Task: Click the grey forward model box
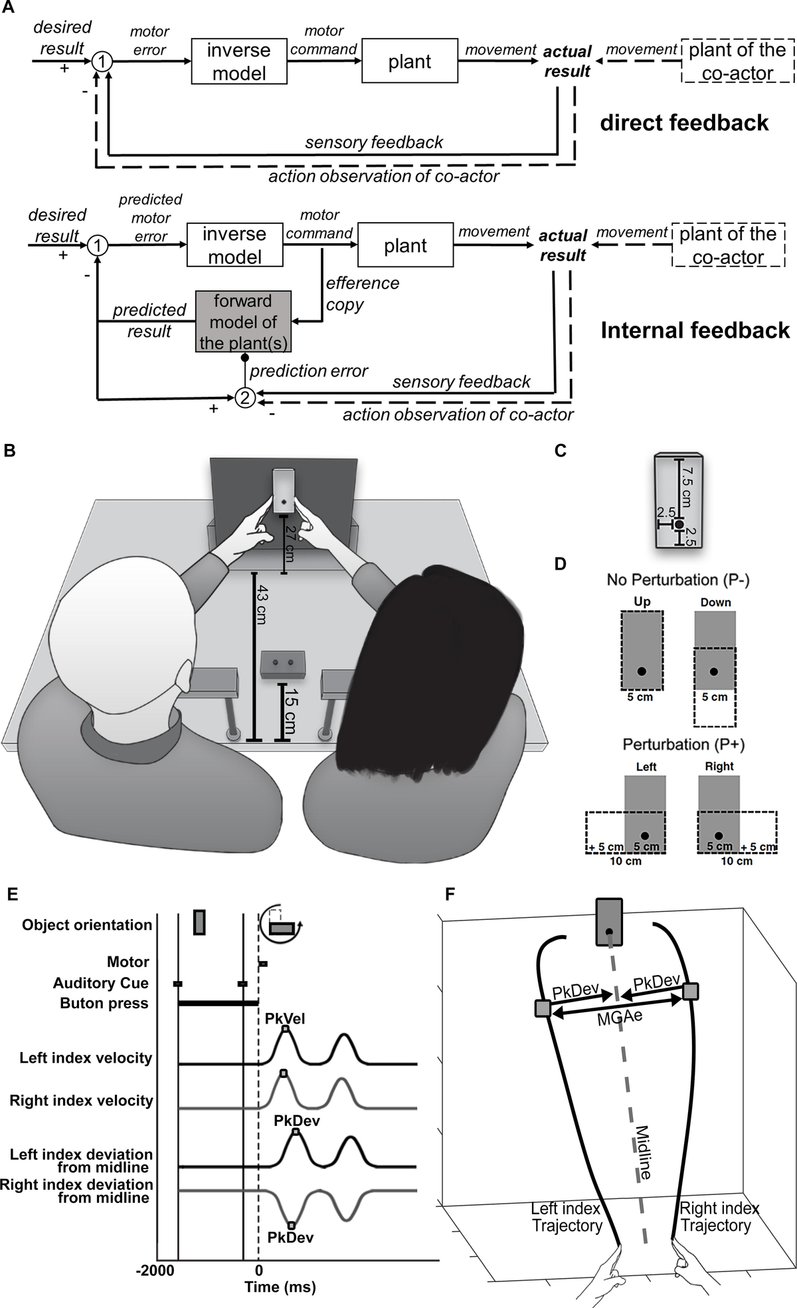point(243,322)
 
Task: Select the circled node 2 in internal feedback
point(245,397)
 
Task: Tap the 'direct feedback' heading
point(684,123)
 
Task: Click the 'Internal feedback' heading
point(695,330)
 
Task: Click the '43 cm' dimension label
point(263,604)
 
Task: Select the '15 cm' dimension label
point(290,710)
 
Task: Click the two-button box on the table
point(283,664)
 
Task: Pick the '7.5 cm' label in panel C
point(687,486)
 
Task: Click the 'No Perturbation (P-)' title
point(677,580)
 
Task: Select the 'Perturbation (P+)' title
point(683,744)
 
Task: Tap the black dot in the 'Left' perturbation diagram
point(643,835)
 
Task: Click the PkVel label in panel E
point(285,1018)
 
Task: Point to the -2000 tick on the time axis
point(155,1270)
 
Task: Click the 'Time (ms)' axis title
point(280,1287)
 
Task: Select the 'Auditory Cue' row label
point(101,983)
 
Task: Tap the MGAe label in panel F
point(620,1018)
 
